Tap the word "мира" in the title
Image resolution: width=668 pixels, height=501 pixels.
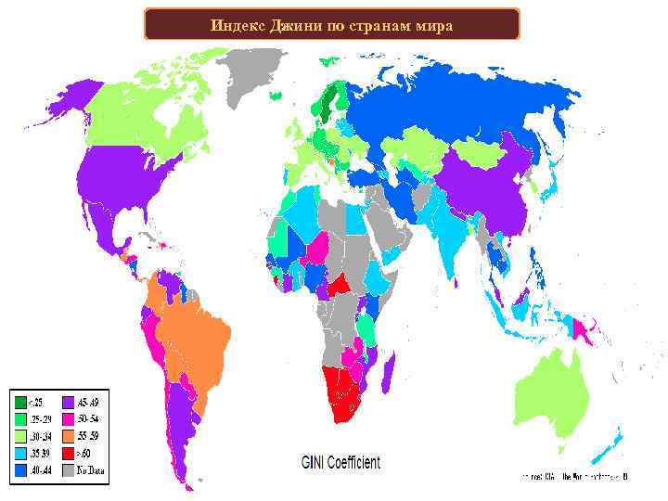pos(432,24)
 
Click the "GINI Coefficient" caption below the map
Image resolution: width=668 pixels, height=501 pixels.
pos(340,462)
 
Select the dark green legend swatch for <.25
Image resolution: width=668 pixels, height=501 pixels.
pos(19,403)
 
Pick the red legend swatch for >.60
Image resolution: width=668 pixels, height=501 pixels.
pos(69,454)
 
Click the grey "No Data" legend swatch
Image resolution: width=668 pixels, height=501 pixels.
pos(69,470)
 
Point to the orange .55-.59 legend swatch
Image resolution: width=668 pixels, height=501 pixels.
pos(69,437)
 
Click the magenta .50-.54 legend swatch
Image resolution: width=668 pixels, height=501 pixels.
pos(69,419)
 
